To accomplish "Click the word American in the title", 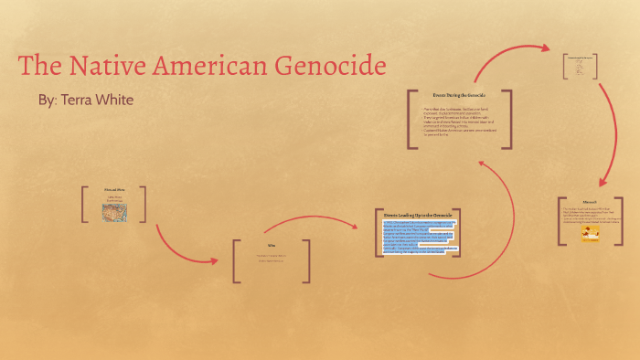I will (x=216, y=66).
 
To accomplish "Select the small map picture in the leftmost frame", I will (x=114, y=212).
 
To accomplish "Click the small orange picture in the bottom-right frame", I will (x=590, y=235).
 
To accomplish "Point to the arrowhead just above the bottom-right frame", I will (x=600, y=185).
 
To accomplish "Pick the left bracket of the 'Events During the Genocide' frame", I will (x=410, y=116).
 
